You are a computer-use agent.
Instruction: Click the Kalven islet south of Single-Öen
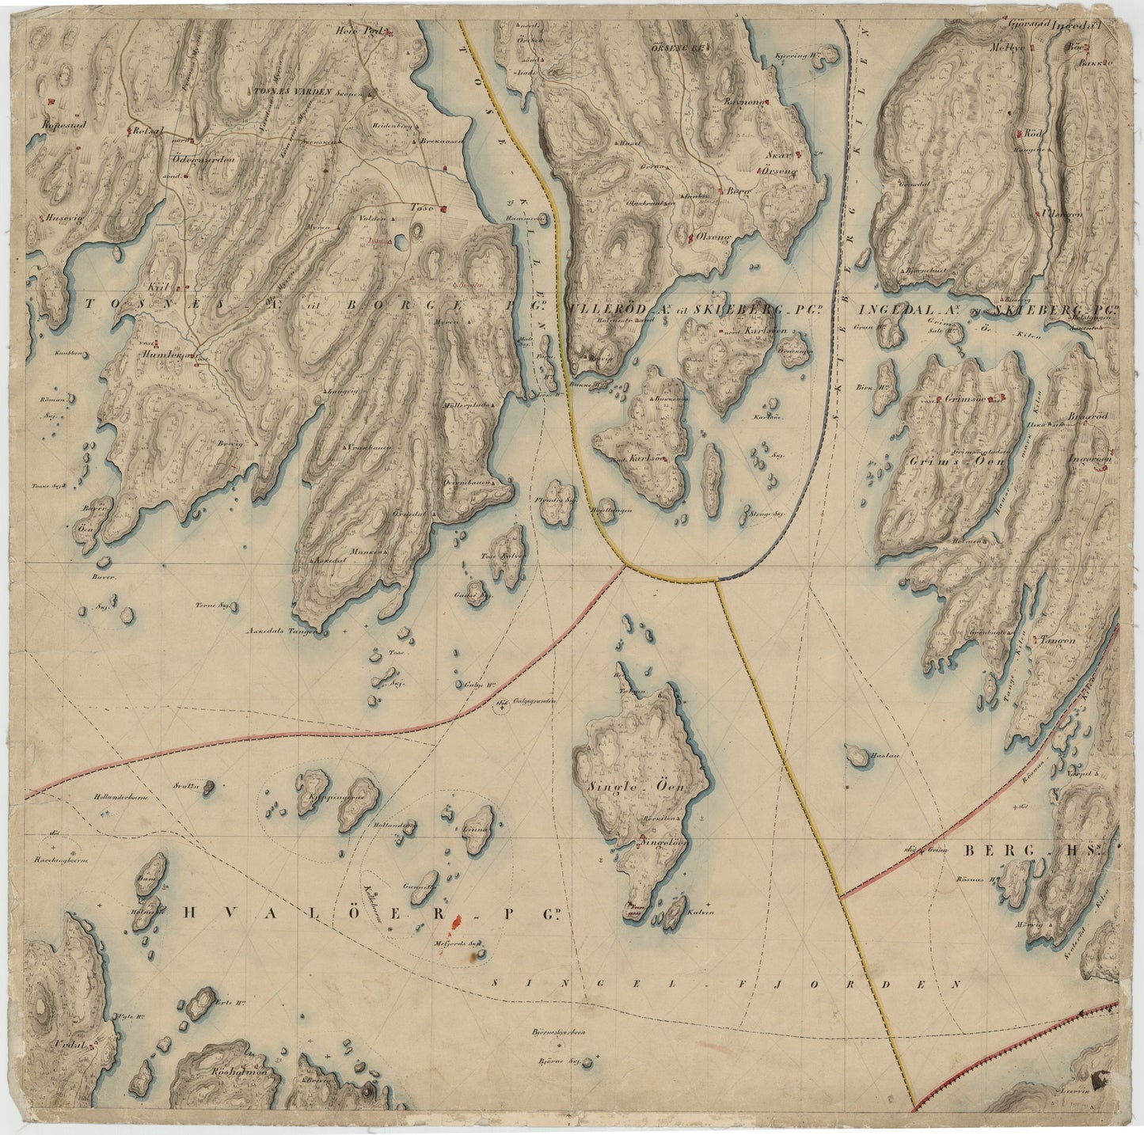[675, 913]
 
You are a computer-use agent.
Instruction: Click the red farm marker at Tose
[444, 210]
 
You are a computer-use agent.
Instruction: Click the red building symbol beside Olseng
[690, 236]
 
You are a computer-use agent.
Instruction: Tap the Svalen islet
[208, 787]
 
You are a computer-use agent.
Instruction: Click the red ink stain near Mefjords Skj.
[456, 922]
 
